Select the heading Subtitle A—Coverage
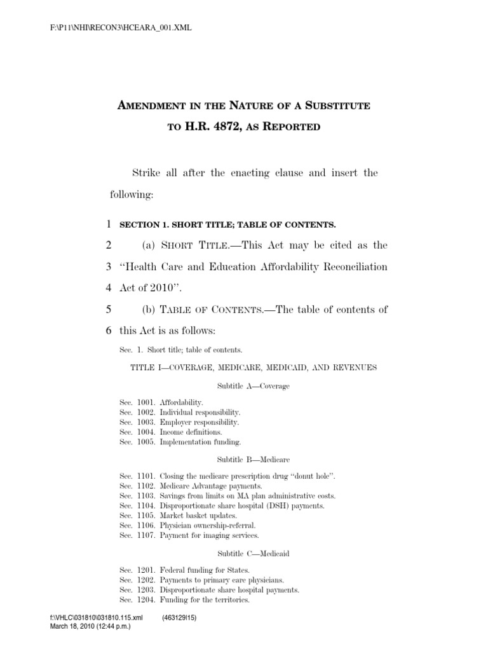point(253,386)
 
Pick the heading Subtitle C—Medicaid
point(253,554)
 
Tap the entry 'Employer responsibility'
point(200,421)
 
